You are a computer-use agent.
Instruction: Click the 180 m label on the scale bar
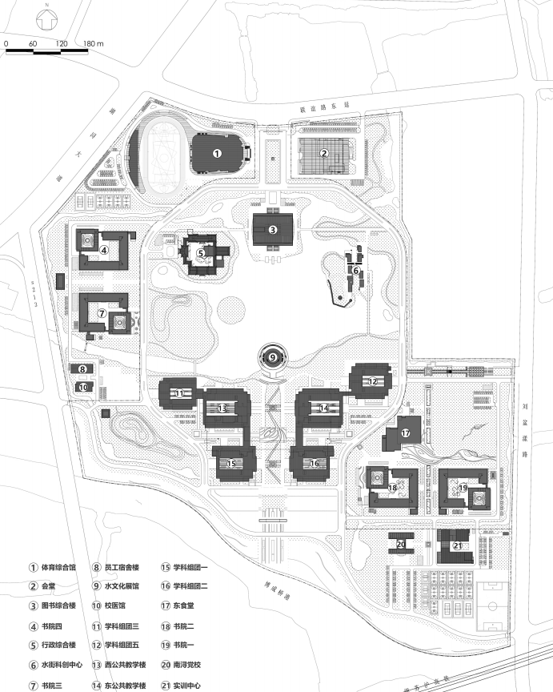tap(94, 42)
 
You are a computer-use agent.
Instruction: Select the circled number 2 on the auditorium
tap(324, 153)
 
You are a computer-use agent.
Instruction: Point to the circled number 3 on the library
tap(272, 230)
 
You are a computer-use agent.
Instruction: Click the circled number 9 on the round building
tap(272, 357)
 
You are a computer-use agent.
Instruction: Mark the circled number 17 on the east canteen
tap(406, 433)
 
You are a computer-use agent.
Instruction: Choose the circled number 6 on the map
tap(356, 271)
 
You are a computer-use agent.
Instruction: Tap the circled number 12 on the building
tap(372, 382)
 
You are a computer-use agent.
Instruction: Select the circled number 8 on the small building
tap(82, 369)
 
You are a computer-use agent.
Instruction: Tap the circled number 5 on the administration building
tap(201, 252)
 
